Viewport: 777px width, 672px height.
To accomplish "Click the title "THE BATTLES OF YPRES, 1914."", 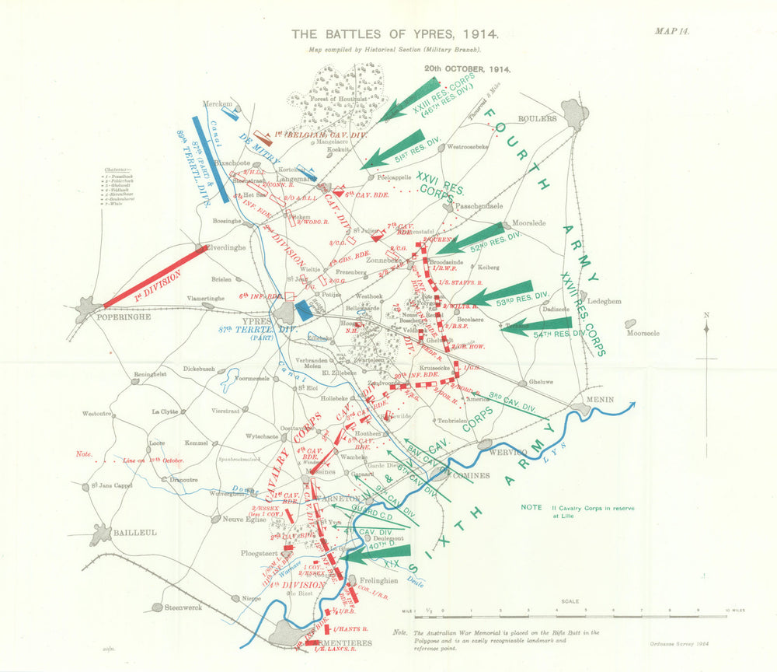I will (395, 35).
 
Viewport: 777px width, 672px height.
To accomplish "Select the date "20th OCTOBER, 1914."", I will (467, 68).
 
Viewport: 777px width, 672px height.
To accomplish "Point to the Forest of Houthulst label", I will (340, 99).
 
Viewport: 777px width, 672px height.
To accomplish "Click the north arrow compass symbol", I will (706, 331).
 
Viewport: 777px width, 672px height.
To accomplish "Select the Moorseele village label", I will (643, 333).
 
